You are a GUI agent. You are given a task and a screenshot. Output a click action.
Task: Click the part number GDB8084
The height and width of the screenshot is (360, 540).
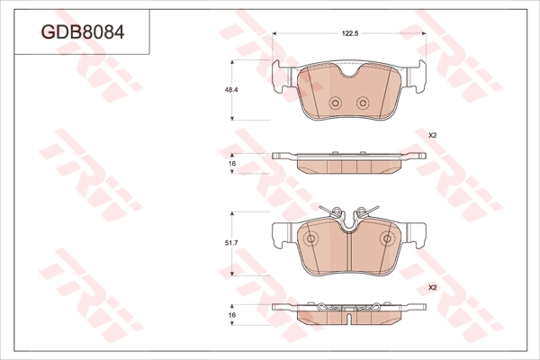point(83,32)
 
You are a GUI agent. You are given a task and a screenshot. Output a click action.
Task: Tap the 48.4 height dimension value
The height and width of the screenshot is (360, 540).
point(232,90)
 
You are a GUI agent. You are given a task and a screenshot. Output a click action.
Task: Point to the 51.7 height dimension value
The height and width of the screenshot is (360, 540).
point(232,243)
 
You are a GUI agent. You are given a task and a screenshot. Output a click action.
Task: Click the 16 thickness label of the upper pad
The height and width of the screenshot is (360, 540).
point(232,164)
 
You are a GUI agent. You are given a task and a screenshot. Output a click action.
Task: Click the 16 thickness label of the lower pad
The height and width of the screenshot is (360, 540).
point(232,315)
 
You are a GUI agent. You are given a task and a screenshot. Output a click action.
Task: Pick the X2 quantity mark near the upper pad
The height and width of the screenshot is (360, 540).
point(432,136)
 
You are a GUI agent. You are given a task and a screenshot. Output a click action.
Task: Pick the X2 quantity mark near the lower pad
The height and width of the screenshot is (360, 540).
point(432,287)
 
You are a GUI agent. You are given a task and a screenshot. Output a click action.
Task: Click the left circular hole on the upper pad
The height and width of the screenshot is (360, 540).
point(335,103)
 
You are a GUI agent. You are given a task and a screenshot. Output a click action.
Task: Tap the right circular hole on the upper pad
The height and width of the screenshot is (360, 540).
point(363,103)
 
